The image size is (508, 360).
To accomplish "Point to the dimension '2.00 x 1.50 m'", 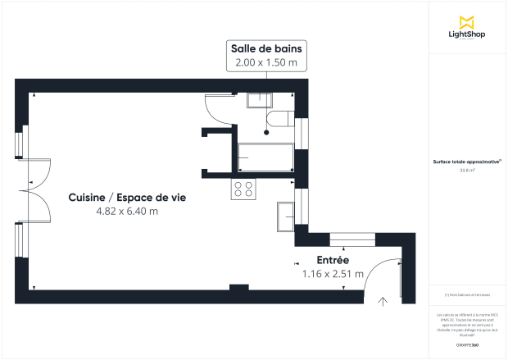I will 266,63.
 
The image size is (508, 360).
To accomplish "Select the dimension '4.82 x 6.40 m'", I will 126,211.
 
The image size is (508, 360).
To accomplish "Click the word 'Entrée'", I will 333,260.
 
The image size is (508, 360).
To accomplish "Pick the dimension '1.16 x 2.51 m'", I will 333,274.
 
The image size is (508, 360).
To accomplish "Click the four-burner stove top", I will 243,189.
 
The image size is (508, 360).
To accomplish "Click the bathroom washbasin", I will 261,100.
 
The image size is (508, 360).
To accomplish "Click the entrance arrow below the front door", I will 382,302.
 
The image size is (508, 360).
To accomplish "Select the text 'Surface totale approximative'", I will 467,162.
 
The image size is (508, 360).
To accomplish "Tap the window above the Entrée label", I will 343,239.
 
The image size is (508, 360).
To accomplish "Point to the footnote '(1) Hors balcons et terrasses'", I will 467,294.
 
